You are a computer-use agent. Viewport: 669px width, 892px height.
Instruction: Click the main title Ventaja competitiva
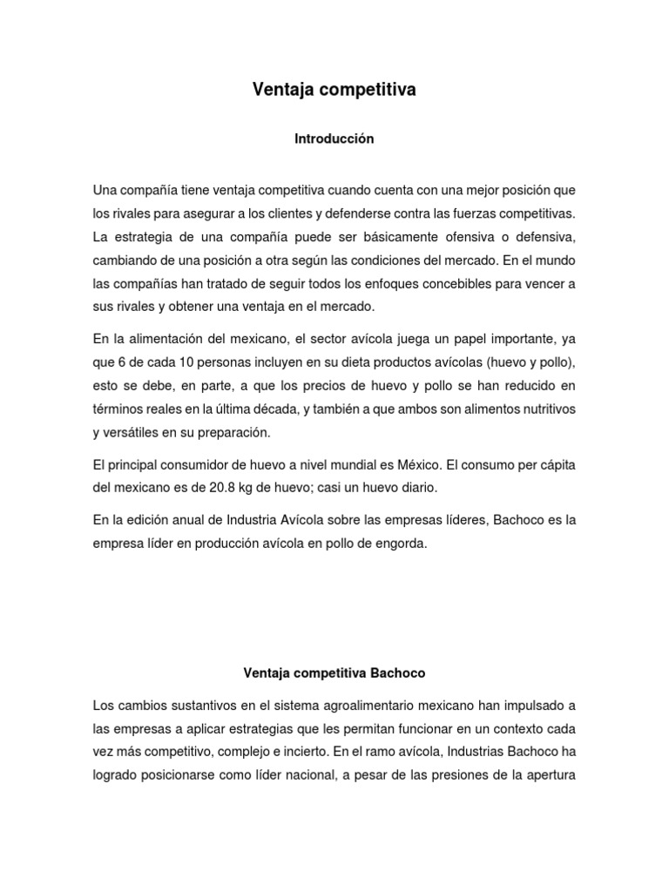[x=334, y=89]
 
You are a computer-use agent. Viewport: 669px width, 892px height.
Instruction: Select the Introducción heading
[x=334, y=139]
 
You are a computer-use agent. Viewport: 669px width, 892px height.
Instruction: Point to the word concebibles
[x=435, y=283]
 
